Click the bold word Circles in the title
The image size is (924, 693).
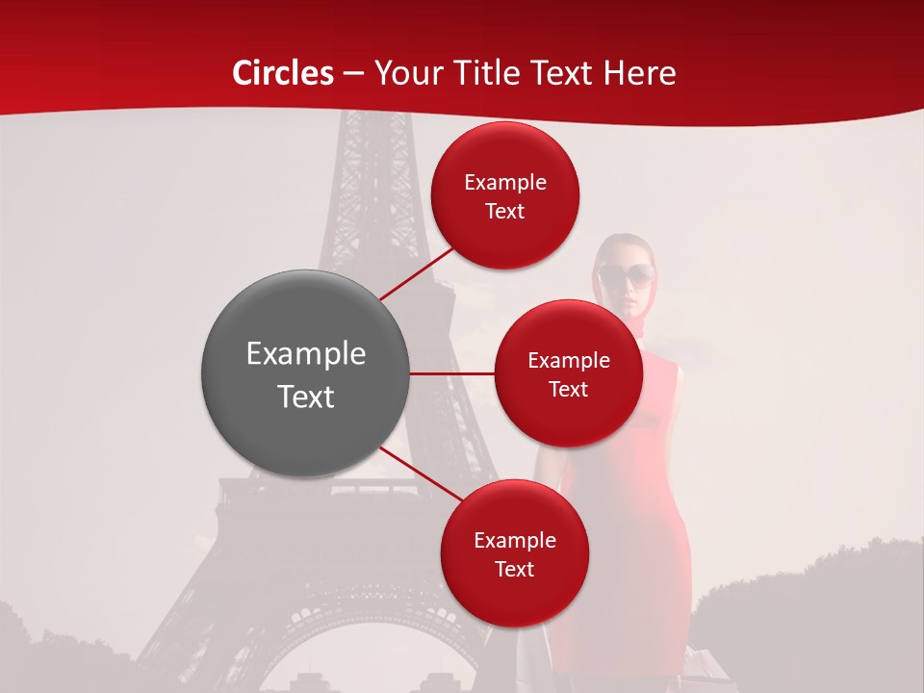(x=283, y=73)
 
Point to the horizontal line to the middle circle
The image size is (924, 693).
(x=452, y=373)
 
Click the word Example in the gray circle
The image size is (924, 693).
(x=306, y=354)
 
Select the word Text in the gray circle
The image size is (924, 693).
(x=306, y=397)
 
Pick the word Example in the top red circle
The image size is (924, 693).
(x=505, y=183)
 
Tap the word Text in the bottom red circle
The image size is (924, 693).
(x=515, y=570)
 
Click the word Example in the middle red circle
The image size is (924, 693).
(x=569, y=361)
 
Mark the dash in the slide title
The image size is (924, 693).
(x=353, y=73)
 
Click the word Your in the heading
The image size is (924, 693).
(x=406, y=73)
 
